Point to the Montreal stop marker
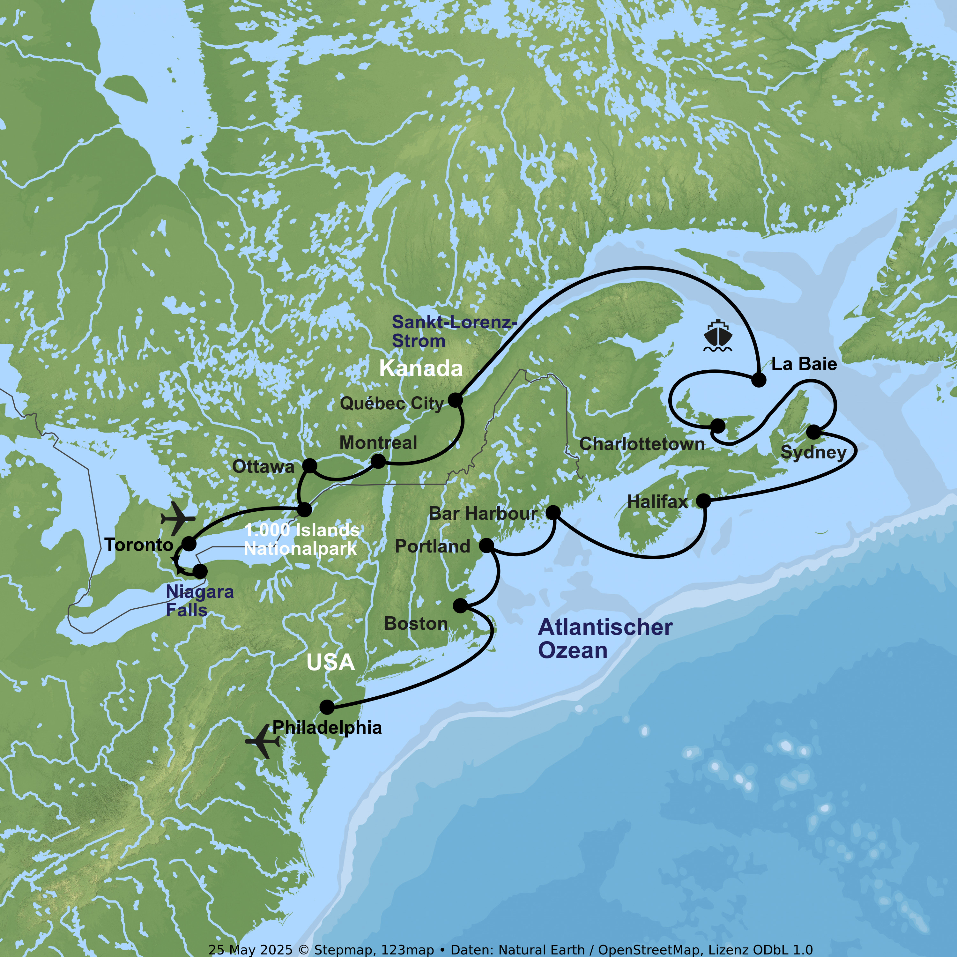tap(378, 461)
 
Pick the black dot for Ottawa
tap(309, 466)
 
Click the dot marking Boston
tap(460, 605)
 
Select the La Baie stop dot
tap(758, 380)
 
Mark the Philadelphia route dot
tap(327, 707)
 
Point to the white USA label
tap(330, 662)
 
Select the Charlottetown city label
tap(642, 444)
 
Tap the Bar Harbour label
tap(483, 514)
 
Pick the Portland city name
tap(433, 546)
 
